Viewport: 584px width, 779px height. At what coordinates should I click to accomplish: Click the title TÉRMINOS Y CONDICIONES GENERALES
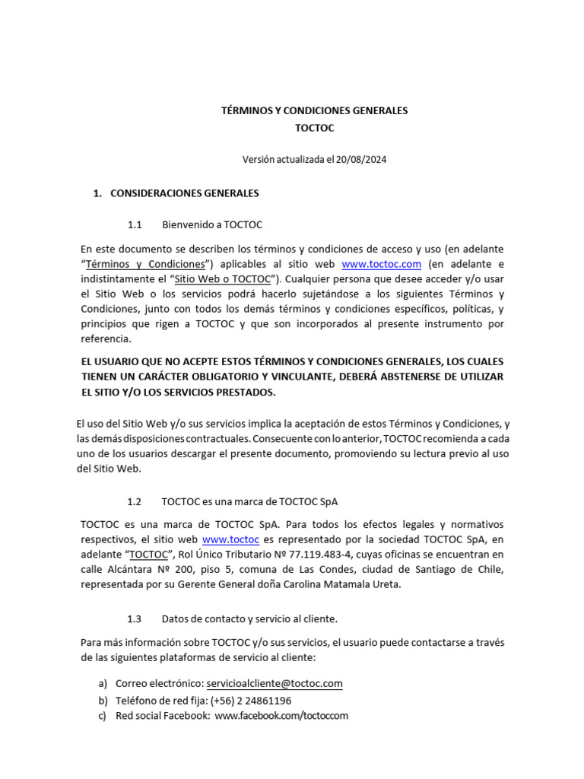pyautogui.click(x=314, y=110)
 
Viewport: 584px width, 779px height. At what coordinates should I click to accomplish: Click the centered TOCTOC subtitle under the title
pyautogui.click(x=314, y=128)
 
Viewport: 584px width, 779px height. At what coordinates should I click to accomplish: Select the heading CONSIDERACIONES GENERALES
pyautogui.click(x=185, y=193)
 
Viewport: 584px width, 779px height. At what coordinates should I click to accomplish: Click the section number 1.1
pyautogui.click(x=135, y=225)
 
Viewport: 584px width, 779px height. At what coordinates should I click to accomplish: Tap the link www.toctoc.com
pyautogui.click(x=381, y=264)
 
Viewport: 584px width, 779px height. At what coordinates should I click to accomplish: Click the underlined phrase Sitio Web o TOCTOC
pyautogui.click(x=222, y=279)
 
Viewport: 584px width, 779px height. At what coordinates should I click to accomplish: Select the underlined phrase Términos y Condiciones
pyautogui.click(x=146, y=264)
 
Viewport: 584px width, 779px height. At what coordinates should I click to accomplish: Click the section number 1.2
pyautogui.click(x=135, y=502)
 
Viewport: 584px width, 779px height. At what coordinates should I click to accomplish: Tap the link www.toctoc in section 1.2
pyautogui.click(x=230, y=539)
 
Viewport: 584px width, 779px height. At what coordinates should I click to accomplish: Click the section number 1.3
pyautogui.click(x=135, y=619)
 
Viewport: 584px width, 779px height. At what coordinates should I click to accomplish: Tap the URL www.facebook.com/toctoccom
pyautogui.click(x=281, y=716)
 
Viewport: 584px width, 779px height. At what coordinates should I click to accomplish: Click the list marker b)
pyautogui.click(x=103, y=700)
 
